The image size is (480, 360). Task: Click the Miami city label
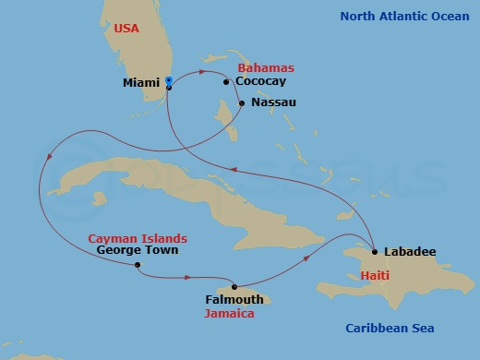pos(141,82)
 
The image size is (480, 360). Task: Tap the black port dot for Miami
pos(169,87)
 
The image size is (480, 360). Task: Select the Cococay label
pos(260,81)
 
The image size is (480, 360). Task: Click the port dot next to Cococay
pos(226,82)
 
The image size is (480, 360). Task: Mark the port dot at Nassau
pos(242,102)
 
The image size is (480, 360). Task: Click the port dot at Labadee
pos(375,251)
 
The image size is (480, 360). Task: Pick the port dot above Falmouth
pos(234,286)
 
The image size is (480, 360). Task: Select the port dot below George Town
pos(137,266)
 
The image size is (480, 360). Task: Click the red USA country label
pos(127,29)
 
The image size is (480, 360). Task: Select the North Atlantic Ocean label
pos(405,16)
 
